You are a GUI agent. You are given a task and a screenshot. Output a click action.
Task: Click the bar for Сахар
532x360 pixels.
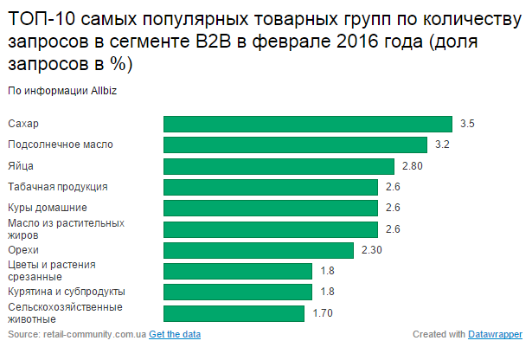308,124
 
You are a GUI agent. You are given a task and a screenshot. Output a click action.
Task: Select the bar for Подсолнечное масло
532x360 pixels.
296,145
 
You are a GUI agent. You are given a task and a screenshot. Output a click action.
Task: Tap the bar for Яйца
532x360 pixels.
279,166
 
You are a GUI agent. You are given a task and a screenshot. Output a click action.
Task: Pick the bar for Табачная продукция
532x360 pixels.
271,187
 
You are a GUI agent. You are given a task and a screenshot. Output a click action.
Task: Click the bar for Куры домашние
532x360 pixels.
271,208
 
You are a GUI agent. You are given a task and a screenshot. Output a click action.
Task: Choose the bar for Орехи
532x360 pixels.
259,250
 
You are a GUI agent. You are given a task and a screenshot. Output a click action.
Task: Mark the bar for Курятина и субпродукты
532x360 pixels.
238,292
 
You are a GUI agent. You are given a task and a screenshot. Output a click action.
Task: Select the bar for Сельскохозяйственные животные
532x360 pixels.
234,313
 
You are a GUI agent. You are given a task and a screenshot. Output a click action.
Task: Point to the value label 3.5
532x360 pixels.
467,124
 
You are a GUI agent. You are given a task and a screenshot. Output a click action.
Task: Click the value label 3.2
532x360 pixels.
442,145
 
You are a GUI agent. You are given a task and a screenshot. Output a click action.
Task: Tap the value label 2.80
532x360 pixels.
411,166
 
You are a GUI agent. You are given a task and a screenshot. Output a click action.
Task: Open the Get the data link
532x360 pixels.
175,334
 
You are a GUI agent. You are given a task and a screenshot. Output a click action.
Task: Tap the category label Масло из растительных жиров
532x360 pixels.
65,228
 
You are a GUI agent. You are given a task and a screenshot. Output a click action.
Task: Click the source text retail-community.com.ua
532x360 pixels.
88,334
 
